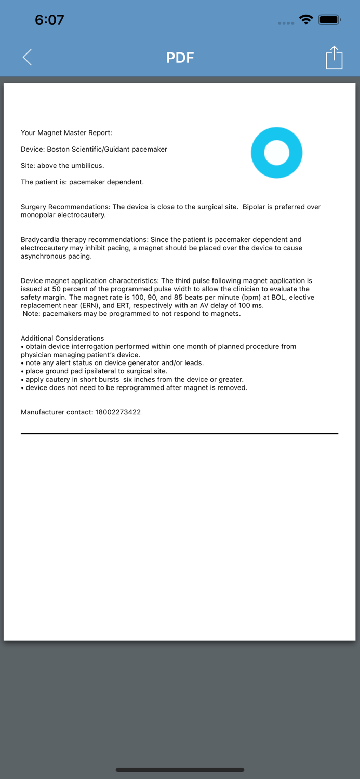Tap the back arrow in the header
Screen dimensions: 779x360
pyautogui.click(x=28, y=57)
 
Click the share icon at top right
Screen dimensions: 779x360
pyautogui.click(x=334, y=57)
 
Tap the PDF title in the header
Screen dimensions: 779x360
pyautogui.click(x=180, y=58)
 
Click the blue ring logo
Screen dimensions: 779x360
pyautogui.click(x=276, y=153)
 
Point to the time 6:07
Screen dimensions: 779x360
pyautogui.click(x=49, y=20)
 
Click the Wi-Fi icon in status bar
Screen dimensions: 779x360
pyautogui.click(x=306, y=20)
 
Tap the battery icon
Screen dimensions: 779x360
pyautogui.click(x=329, y=20)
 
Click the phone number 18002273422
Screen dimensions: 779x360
pyautogui.click(x=118, y=412)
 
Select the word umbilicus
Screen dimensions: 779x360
pyautogui.click(x=87, y=166)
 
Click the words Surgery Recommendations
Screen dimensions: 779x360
pyautogui.click(x=65, y=207)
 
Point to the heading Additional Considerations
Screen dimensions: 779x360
pyautogui.click(x=62, y=338)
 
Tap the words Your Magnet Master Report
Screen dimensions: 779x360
pyautogui.click(x=66, y=133)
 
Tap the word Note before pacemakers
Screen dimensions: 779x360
pyautogui.click(x=31, y=314)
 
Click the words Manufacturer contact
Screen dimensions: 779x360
pyautogui.click(x=57, y=412)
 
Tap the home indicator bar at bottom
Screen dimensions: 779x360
pyautogui.click(x=180, y=770)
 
